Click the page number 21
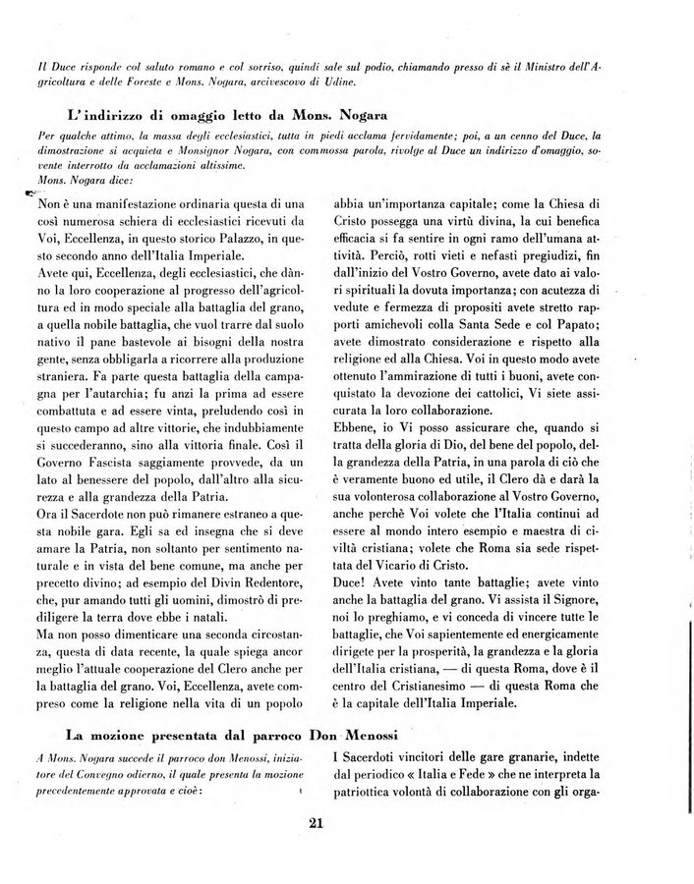pyautogui.click(x=315, y=823)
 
